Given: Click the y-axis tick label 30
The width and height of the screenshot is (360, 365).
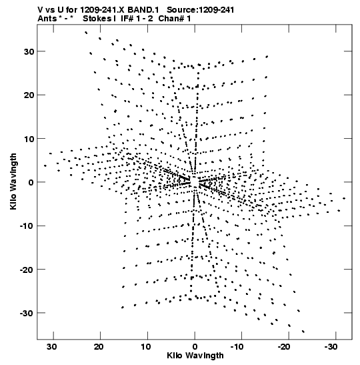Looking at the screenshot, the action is point(29,51).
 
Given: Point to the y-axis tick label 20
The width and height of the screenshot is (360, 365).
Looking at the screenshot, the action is point(29,95).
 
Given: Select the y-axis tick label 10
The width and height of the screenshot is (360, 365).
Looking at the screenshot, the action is point(29,139).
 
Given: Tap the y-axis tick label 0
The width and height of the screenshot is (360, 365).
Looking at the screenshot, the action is point(31,183).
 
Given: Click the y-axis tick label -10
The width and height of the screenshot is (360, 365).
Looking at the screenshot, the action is point(27,226).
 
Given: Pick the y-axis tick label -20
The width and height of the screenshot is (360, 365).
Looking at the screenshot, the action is point(27,270).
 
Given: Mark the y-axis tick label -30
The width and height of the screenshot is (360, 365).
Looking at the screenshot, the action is point(27,314).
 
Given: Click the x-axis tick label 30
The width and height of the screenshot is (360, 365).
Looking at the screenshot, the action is point(51,347).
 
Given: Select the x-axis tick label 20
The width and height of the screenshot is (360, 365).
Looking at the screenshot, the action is point(99,347).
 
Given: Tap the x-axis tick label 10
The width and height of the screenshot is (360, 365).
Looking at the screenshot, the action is point(145,347).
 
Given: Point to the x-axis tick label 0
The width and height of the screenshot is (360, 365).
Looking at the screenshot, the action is point(195,347).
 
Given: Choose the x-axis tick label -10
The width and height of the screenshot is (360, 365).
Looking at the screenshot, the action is point(237,347).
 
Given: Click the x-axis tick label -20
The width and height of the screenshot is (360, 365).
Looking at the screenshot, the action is point(284,347).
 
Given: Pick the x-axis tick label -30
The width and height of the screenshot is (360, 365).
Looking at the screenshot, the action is point(331,347).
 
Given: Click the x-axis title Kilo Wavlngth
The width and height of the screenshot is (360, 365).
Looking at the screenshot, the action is point(195,356).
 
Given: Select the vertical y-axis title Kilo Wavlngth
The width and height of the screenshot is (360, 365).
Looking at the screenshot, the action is point(13,181).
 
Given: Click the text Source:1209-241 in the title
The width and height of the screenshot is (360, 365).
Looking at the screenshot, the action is point(201,10).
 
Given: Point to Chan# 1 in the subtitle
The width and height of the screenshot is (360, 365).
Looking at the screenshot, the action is point(175,19).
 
